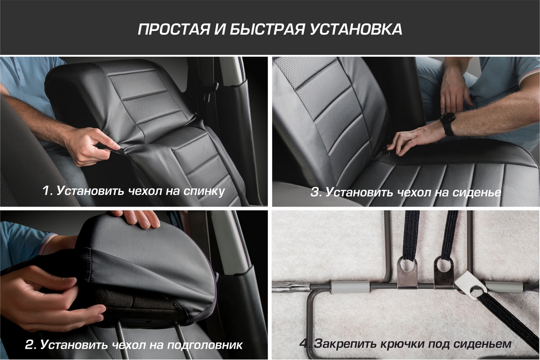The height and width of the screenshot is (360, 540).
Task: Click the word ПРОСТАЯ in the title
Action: point(174,30)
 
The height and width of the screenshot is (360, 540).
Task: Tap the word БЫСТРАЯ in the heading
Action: point(267,30)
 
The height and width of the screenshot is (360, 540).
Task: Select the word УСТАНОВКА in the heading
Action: point(356,30)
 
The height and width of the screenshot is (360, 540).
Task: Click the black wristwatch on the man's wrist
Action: point(448,123)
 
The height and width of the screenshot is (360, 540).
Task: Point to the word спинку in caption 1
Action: point(204,191)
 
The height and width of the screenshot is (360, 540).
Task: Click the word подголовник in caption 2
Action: point(204,345)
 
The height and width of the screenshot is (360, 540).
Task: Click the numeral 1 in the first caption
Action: point(46,191)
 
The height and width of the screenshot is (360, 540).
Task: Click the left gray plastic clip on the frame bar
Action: point(350,287)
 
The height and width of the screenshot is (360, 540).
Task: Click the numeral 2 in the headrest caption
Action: point(30,345)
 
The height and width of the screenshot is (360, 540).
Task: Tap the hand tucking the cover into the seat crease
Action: point(414,140)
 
